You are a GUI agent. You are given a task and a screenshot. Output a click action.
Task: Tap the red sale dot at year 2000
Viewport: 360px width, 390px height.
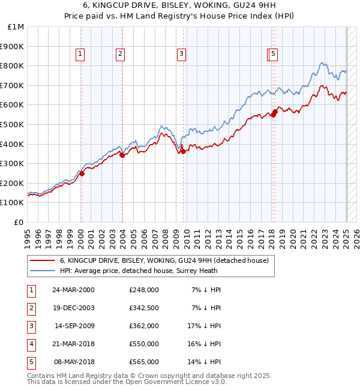[x=82, y=173]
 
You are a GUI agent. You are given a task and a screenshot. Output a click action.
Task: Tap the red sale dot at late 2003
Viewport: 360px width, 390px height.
[x=122, y=155]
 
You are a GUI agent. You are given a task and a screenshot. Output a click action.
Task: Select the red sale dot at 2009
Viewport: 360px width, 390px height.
[x=183, y=151]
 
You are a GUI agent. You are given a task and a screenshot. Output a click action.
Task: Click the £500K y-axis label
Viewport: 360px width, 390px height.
[x=13, y=125]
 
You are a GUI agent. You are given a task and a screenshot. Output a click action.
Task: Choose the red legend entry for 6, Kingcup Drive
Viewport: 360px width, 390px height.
[x=167, y=260]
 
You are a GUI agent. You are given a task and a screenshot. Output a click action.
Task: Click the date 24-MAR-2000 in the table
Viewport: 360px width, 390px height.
[x=74, y=290]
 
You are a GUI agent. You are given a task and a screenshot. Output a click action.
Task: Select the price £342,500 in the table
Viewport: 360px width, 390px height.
[x=143, y=308]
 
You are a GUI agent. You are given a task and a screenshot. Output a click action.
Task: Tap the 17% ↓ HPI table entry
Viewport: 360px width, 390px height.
[x=204, y=326]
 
